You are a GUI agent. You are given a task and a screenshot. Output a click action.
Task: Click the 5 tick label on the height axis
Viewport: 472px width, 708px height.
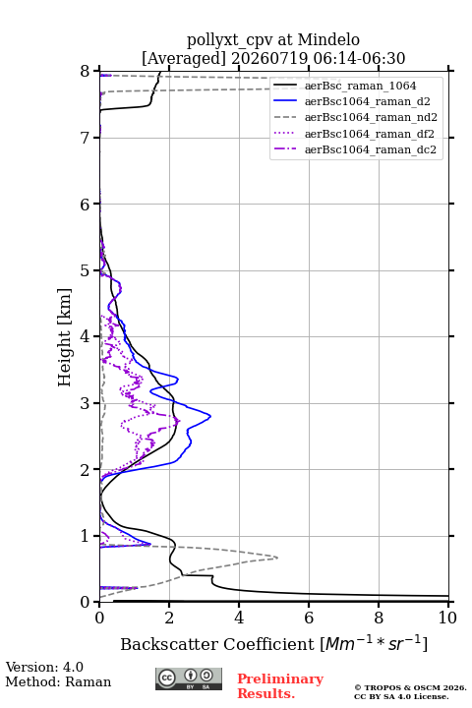pos(85,270)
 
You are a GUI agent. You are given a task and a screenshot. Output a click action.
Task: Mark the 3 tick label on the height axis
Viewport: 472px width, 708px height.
pos(85,403)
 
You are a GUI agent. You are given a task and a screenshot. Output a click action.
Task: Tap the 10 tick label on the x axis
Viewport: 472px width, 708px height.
pos(447,618)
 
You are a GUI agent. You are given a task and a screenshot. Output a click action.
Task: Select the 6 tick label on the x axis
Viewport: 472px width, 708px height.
pos(309,618)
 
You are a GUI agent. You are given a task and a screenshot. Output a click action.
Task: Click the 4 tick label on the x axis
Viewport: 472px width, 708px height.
pos(239,618)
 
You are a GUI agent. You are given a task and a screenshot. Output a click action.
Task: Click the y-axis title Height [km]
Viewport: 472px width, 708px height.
pos(65,337)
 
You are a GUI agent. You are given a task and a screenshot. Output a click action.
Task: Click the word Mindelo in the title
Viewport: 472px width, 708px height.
pos(328,39)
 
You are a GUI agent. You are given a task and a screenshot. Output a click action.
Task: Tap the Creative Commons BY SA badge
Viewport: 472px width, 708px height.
pos(189,678)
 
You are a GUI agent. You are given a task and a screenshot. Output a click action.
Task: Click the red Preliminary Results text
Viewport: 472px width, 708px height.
pos(280,686)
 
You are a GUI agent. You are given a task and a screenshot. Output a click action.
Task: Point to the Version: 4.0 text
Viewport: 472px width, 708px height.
pos(44,667)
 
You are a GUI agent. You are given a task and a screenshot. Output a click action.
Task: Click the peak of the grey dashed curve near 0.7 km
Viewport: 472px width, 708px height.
pos(277,558)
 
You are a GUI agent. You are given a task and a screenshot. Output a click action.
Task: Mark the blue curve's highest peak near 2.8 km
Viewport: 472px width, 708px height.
pos(210,416)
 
